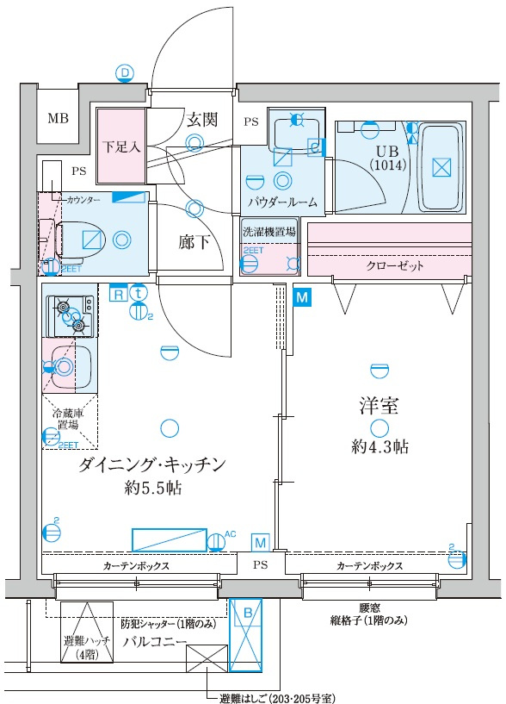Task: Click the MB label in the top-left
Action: (59, 119)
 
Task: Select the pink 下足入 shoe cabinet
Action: (120, 146)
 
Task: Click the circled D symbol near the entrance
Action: (126, 73)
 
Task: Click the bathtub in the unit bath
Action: (441, 168)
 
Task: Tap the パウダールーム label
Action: (282, 203)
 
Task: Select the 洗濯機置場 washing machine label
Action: (269, 232)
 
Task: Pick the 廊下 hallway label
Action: (194, 241)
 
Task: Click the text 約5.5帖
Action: (151, 489)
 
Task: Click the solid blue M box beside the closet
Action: (301, 297)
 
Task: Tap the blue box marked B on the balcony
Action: (247, 613)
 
